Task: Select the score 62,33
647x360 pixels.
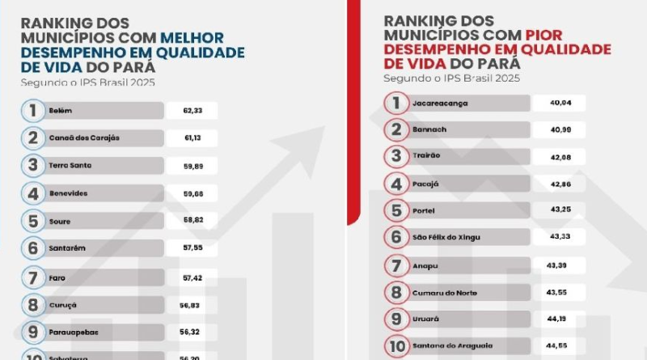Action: pos(193,110)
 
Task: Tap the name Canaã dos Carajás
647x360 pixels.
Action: pos(85,138)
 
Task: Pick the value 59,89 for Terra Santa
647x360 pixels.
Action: pos(193,165)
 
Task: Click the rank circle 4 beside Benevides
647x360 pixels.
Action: pos(33,193)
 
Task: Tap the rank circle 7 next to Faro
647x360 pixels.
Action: pos(33,278)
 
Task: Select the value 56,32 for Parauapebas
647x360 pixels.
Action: pos(193,332)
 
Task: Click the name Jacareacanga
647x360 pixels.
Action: pos(441,103)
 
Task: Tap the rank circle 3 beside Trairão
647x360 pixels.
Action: pos(395,156)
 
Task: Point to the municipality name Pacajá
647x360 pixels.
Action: pos(427,183)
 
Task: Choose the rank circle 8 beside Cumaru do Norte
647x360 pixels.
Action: pos(395,291)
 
